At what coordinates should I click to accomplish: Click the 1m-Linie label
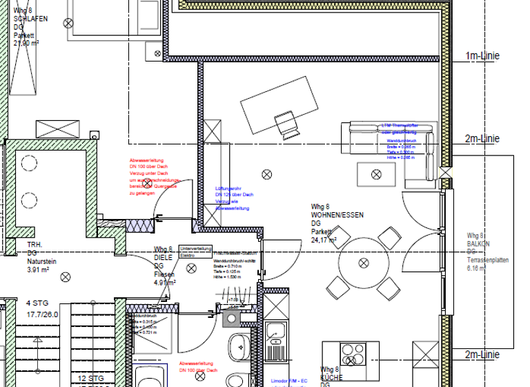coord(482,55)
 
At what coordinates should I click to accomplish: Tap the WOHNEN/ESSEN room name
coord(337,216)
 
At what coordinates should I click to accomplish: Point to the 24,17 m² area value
coord(324,240)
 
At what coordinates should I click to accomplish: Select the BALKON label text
coord(479,243)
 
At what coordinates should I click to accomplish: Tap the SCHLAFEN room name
coord(30,19)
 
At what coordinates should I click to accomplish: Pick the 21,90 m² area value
coord(26,42)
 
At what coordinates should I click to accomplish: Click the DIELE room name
coord(163,257)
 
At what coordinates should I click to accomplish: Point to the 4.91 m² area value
coord(164,282)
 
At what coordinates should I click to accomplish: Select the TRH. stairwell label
coord(35,245)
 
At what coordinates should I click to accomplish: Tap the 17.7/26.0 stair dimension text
coord(43,314)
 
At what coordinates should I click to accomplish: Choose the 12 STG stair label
coord(90,378)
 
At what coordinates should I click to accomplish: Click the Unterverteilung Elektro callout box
coord(195,251)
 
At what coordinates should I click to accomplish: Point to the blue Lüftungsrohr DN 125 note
coord(235,200)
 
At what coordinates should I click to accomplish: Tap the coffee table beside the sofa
coord(377,173)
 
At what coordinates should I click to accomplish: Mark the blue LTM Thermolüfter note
coord(399,129)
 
